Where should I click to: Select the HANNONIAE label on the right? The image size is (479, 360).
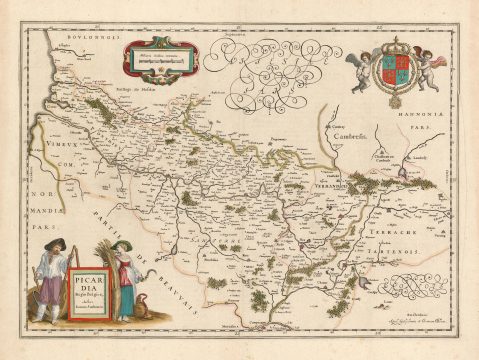point(429,123)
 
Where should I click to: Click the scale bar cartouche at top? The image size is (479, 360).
point(161,58)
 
